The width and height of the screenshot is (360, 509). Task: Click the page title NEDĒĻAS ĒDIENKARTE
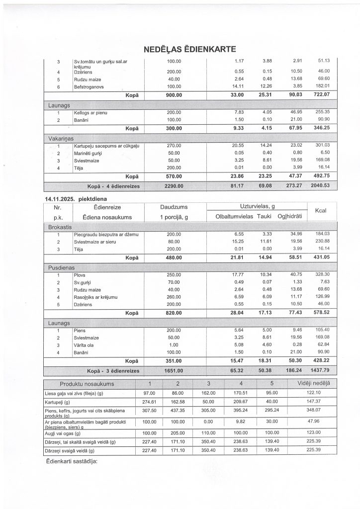click(189, 49)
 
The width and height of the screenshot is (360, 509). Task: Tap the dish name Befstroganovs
click(90, 87)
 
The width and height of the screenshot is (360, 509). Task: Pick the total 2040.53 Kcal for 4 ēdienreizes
click(320, 186)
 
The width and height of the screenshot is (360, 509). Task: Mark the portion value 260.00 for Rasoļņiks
click(174, 297)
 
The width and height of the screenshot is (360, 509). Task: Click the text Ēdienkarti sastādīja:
click(72, 460)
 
